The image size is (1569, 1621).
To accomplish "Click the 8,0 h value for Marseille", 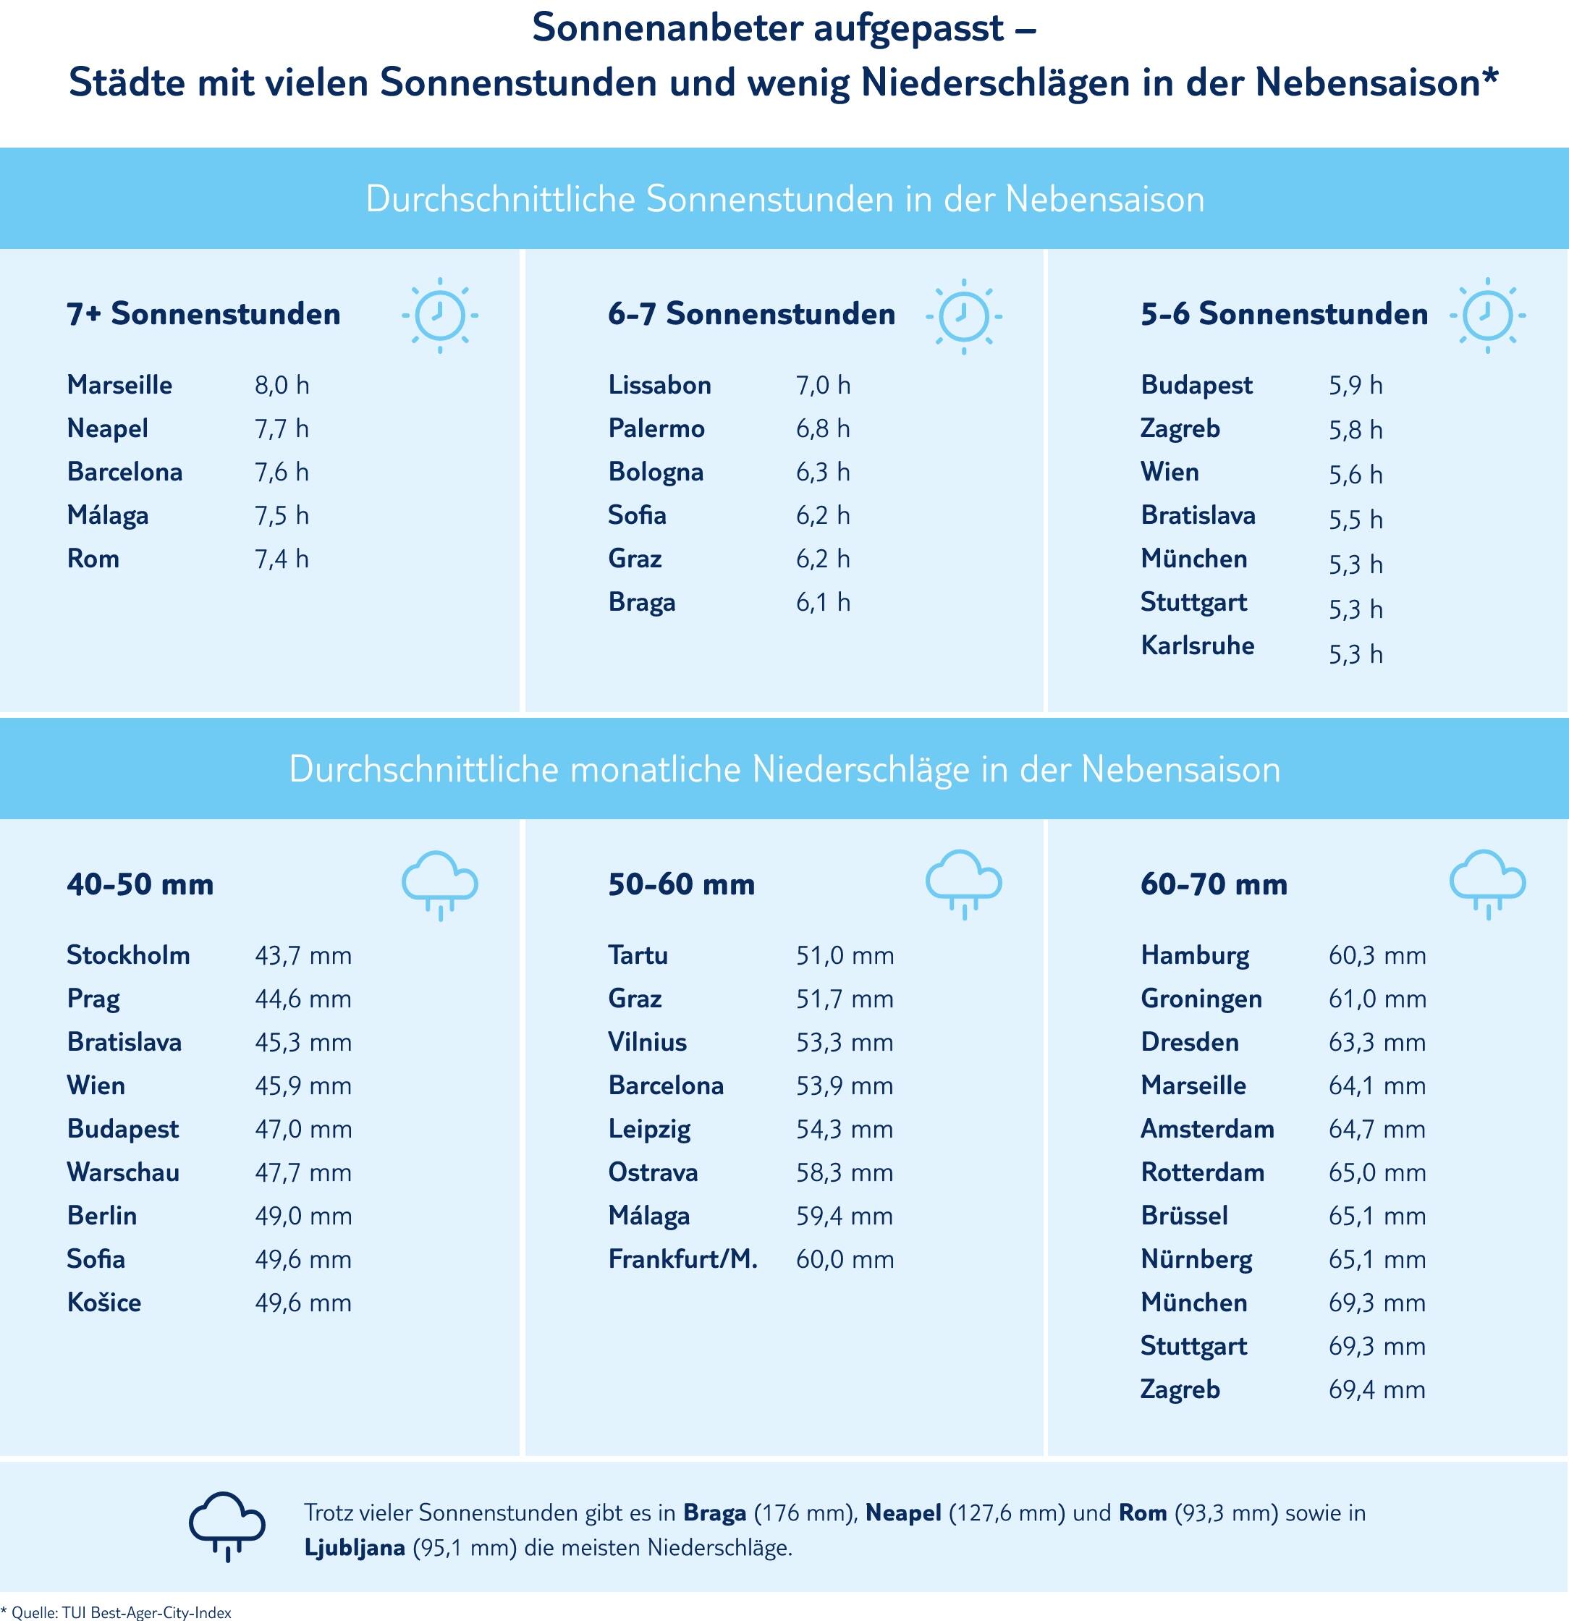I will coord(282,386).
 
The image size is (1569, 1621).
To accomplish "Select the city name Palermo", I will coord(656,428).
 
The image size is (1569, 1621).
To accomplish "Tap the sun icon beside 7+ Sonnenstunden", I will coord(439,315).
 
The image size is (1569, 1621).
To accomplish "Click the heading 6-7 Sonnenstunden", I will coord(751,314).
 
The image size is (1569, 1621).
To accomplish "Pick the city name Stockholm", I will coord(128,955).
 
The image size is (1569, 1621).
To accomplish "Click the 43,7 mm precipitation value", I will coord(303,956).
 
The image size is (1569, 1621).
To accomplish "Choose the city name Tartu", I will coord(638,955).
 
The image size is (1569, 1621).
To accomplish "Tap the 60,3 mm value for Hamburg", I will coord(1377,956).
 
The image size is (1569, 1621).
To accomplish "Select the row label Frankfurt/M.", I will coord(682,1258).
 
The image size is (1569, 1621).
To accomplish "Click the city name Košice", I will coord(104,1303).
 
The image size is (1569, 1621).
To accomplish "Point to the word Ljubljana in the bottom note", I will coord(355,1547).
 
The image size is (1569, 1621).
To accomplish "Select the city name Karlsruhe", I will coord(1197,645).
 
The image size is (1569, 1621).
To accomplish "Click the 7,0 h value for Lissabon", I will coord(823,386).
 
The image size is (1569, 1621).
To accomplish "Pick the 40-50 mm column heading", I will coord(140,884).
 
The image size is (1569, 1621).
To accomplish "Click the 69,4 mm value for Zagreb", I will coord(1377,1389).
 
